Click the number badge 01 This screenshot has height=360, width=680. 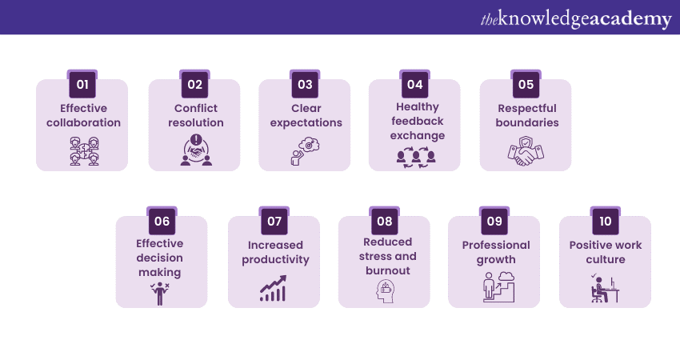coord(82,84)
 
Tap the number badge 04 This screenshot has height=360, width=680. coord(415,84)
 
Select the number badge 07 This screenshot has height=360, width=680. coord(274,221)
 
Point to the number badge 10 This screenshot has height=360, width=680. coord(606,221)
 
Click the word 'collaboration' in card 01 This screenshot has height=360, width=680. coord(84,122)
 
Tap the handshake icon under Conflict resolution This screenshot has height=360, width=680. coord(196,150)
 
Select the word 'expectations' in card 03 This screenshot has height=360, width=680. coord(306,123)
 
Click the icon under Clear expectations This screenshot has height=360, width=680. coord(306,151)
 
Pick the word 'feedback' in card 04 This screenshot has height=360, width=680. coord(418,121)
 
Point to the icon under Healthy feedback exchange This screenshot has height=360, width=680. coord(416,158)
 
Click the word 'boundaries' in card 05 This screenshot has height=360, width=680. coord(527,122)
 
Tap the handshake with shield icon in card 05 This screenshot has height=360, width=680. coord(526,151)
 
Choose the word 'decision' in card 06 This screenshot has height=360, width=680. coord(159,258)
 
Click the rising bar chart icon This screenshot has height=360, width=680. coord(274,288)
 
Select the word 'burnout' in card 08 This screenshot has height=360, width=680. coord(388,270)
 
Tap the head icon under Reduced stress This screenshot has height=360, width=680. coord(386,291)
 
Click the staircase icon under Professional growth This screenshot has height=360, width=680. coord(498,286)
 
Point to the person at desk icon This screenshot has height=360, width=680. coord(605,289)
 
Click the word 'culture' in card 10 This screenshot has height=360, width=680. coord(606,259)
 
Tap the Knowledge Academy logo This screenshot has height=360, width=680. coord(576,18)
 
